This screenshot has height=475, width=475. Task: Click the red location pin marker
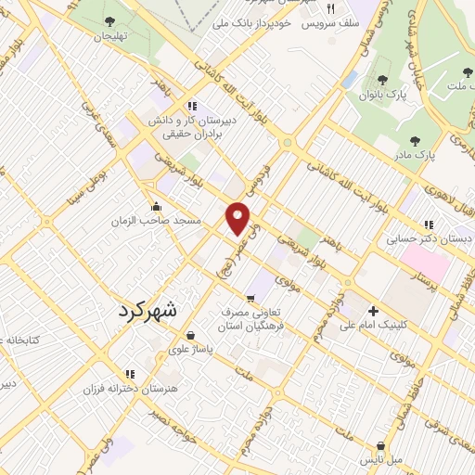coord(238,219)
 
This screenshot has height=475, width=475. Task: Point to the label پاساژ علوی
coord(190,350)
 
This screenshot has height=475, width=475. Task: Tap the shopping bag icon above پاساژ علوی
coord(190,335)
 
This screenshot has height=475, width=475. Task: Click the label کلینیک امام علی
coord(374,326)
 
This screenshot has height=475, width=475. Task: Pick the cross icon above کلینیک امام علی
coord(373,311)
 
